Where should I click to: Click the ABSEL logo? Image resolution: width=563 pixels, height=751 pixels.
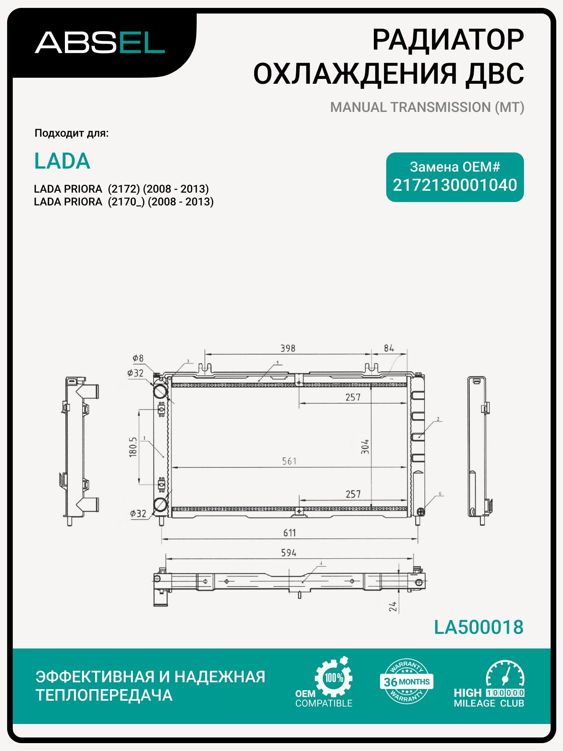click(x=100, y=42)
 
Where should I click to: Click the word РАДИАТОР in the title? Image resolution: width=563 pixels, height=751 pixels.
click(x=448, y=40)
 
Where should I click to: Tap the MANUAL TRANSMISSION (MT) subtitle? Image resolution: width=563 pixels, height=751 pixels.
click(x=427, y=107)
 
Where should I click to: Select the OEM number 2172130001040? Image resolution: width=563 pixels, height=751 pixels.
click(x=455, y=185)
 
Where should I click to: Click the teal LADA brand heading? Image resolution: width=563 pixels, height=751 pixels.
click(x=62, y=161)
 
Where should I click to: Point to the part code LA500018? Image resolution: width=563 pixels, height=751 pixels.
click(x=479, y=627)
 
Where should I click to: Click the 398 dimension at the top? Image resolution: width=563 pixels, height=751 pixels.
click(x=288, y=348)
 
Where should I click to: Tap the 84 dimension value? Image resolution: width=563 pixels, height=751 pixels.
click(x=389, y=348)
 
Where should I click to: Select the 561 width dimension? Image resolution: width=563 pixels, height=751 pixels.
click(x=289, y=461)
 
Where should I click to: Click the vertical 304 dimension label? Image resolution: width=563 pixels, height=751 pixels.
click(x=365, y=446)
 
